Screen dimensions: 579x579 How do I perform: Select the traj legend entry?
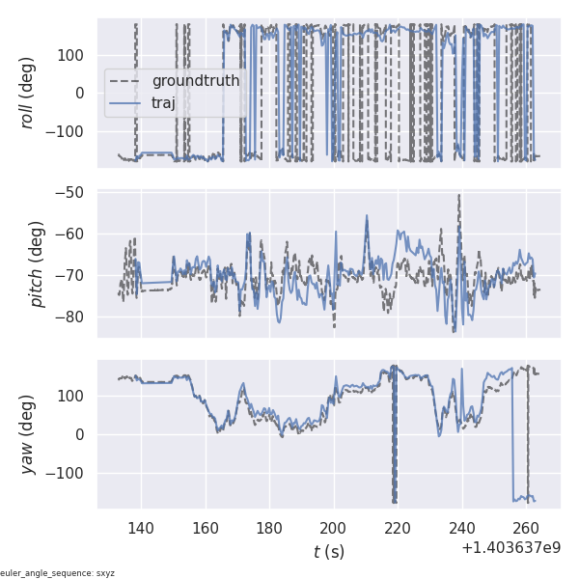[164, 103]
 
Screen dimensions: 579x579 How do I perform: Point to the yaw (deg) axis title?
[29, 433]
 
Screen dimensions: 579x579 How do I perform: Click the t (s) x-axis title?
[328, 552]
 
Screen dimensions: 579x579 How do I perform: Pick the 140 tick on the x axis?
[141, 528]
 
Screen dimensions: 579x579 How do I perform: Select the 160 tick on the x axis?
[206, 528]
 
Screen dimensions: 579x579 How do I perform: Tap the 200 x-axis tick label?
[334, 528]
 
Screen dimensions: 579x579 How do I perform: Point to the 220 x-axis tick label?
[399, 528]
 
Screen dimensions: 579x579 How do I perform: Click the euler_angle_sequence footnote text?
[58, 573]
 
